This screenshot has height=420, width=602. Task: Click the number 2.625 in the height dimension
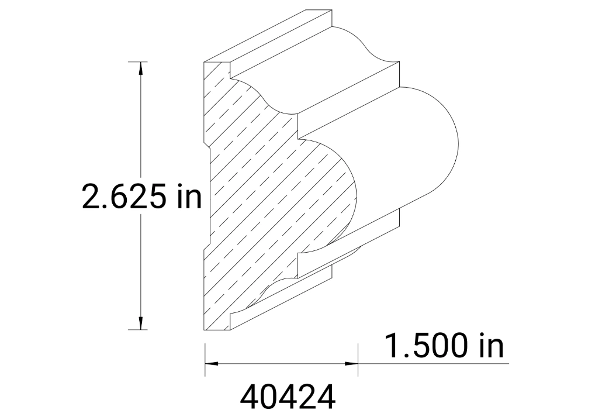pyautogui.click(x=123, y=197)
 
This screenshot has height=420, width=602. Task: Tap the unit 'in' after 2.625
pyautogui.click(x=188, y=197)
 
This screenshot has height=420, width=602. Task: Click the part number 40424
pyautogui.click(x=288, y=398)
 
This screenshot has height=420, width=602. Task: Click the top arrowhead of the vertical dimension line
pyautogui.click(x=140, y=68)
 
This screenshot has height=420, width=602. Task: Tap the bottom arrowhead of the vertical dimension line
pyautogui.click(x=140, y=323)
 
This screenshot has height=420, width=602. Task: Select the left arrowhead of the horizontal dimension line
pyautogui.click(x=211, y=363)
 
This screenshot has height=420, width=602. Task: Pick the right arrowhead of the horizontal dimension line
pyautogui.click(x=351, y=363)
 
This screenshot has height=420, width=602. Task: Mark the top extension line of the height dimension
pyautogui.click(x=138, y=61)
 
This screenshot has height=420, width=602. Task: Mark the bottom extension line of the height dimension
pyautogui.click(x=138, y=330)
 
